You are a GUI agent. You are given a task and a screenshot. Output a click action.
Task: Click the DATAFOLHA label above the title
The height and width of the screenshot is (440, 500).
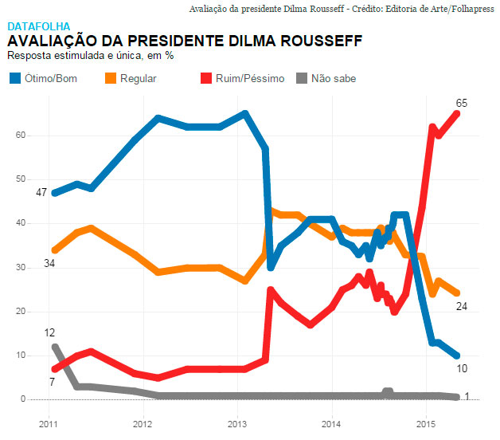point(38,26)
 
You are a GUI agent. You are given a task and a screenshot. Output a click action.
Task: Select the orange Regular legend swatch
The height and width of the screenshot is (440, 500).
point(111,78)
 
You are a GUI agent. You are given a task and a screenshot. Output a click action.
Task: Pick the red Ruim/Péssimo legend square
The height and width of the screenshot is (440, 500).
point(205,78)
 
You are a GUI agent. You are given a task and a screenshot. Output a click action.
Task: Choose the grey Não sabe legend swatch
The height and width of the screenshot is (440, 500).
point(302,78)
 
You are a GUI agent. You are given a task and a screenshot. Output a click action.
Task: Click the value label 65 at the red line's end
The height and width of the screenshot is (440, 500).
point(461,103)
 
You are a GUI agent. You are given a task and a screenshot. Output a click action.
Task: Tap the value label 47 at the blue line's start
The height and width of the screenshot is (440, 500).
point(42,193)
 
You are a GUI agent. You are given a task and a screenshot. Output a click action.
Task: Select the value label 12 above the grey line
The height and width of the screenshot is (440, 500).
point(49,332)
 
